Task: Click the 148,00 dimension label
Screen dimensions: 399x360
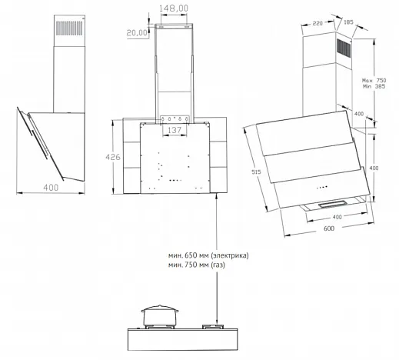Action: [x=174, y=8]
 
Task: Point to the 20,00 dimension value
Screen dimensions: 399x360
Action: [x=138, y=32]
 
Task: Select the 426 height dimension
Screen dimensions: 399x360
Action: [x=113, y=157]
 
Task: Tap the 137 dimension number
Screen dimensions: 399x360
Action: [x=175, y=130]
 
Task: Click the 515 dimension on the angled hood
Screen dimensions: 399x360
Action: [x=256, y=172]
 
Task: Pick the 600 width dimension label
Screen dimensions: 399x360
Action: [x=329, y=228]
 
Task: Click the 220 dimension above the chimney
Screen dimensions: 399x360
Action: [x=318, y=23]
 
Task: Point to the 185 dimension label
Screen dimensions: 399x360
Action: [x=348, y=22]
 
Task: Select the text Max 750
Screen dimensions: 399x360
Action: [x=374, y=81]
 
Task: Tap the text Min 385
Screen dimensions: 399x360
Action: [x=374, y=86]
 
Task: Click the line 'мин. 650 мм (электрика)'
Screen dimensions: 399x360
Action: [x=208, y=255]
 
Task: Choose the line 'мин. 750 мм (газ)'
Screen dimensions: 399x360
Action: [x=197, y=265]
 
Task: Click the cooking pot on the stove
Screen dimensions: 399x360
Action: [x=160, y=315]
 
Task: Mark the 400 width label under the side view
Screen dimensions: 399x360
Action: [x=51, y=188]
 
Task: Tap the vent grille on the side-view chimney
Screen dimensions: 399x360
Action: [x=69, y=28]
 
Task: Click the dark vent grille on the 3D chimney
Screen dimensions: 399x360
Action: [x=344, y=48]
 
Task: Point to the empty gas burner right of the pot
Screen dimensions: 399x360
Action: [x=213, y=327]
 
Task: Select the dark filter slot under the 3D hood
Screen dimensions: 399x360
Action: [x=333, y=205]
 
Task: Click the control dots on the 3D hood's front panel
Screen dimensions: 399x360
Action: [x=322, y=188]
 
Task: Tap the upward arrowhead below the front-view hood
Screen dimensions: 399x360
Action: [x=217, y=196]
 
